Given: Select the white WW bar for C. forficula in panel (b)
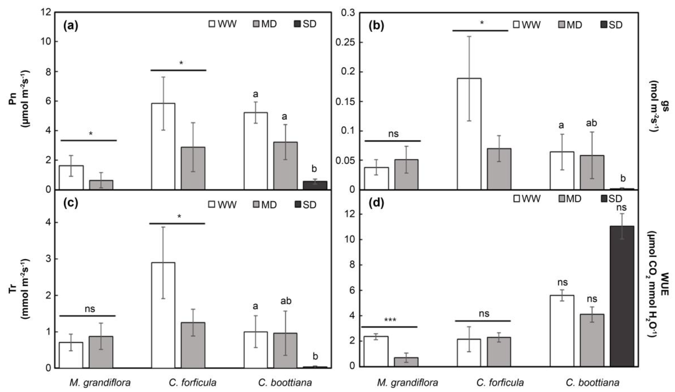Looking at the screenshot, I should tap(469, 134).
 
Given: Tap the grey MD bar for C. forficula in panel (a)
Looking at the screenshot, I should tap(193, 168).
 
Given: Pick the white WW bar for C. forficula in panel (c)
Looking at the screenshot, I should tap(163, 315).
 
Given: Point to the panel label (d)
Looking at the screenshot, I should tap(376, 203).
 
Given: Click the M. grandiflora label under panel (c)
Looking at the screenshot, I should tap(100, 383).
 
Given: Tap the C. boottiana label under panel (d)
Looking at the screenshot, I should tap(592, 383).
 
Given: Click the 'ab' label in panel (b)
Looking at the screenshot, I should tap(591, 123).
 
